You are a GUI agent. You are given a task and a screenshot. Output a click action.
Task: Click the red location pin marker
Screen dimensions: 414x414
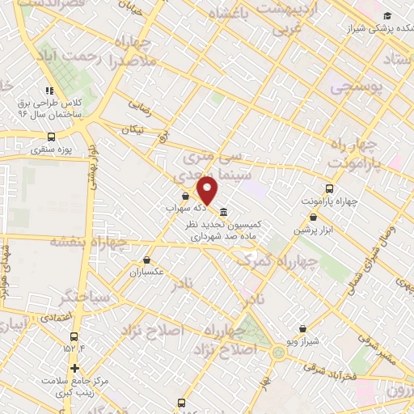208,191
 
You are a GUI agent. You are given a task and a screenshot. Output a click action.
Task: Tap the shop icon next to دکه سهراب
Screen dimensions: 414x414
186,196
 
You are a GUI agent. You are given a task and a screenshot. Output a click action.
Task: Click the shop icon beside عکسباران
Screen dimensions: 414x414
146,260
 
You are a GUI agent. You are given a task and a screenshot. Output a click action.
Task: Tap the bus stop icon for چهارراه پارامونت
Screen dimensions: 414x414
327,188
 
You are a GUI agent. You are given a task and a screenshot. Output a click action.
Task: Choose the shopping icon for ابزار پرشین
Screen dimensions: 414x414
313,217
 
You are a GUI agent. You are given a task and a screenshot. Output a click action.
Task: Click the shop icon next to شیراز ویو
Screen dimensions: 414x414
302,329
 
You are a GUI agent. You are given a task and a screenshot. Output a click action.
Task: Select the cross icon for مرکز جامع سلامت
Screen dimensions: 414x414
74,367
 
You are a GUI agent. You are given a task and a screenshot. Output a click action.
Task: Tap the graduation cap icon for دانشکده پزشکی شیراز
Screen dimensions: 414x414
387,16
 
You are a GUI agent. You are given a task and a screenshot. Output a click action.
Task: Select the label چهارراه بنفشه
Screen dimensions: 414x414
88,241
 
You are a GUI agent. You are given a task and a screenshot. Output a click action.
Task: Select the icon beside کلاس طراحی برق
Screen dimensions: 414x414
49,91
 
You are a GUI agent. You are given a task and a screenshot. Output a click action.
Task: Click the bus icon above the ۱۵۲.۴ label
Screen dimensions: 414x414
74,336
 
